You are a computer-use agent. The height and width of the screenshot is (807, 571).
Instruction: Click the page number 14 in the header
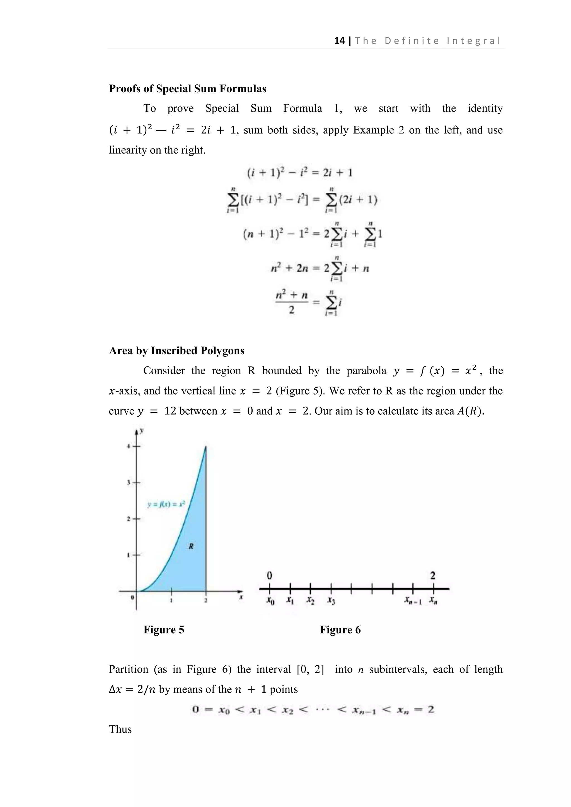[339, 41]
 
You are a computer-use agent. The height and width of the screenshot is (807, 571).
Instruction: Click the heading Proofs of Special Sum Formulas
[187, 89]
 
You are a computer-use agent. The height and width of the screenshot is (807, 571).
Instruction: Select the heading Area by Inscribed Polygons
[176, 351]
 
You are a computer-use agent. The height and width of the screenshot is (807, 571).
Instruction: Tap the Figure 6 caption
[340, 629]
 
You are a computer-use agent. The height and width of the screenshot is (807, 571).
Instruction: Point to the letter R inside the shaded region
[191, 546]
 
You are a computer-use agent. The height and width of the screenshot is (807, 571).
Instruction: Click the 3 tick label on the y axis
[129, 483]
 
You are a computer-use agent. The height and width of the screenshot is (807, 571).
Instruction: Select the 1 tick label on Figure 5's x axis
[171, 600]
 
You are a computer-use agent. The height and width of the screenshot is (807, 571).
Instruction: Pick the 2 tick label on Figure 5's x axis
[206, 600]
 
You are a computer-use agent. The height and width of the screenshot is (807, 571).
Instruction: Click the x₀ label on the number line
[270, 601]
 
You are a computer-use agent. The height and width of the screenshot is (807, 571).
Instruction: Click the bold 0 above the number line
[269, 575]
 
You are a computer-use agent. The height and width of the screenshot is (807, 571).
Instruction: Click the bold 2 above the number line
[433, 575]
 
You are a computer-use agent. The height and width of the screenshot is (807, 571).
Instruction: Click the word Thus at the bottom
[120, 729]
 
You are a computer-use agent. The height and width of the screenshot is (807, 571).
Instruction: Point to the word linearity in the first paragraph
[128, 150]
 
